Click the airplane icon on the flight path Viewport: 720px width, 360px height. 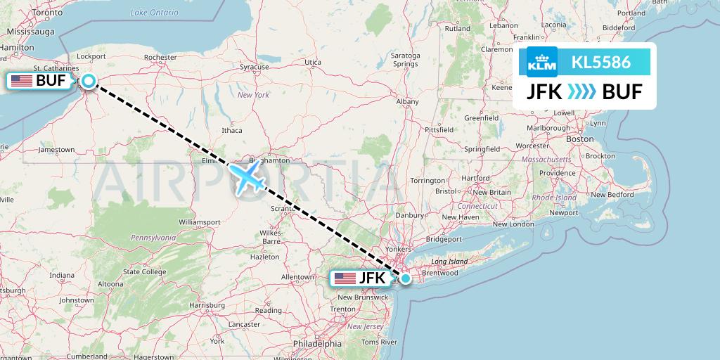pyautogui.click(x=246, y=176)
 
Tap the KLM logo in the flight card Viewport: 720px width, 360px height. pyautogui.click(x=541, y=63)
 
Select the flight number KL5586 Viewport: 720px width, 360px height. pyautogui.click(x=600, y=63)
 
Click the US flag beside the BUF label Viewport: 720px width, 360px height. pyautogui.click(x=22, y=81)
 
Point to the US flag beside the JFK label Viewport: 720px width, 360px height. pyautogui.click(x=345, y=278)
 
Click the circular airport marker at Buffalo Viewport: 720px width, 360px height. pyautogui.click(x=88, y=81)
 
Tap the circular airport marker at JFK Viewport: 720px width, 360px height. pyautogui.click(x=406, y=278)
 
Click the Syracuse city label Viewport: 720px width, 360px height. pyautogui.click(x=254, y=67)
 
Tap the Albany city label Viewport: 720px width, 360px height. pyautogui.click(x=407, y=101)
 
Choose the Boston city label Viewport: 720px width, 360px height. pyautogui.click(x=580, y=139)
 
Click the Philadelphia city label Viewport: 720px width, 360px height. pyautogui.click(x=318, y=344)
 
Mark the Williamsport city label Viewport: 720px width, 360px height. pyautogui.click(x=200, y=221)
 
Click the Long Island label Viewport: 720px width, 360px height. pyautogui.click(x=449, y=261)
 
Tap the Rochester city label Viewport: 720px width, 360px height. pyautogui.click(x=160, y=57)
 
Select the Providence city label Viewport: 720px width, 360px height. pyautogui.click(x=557, y=173)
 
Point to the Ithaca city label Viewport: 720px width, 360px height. pyautogui.click(x=231, y=130)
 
